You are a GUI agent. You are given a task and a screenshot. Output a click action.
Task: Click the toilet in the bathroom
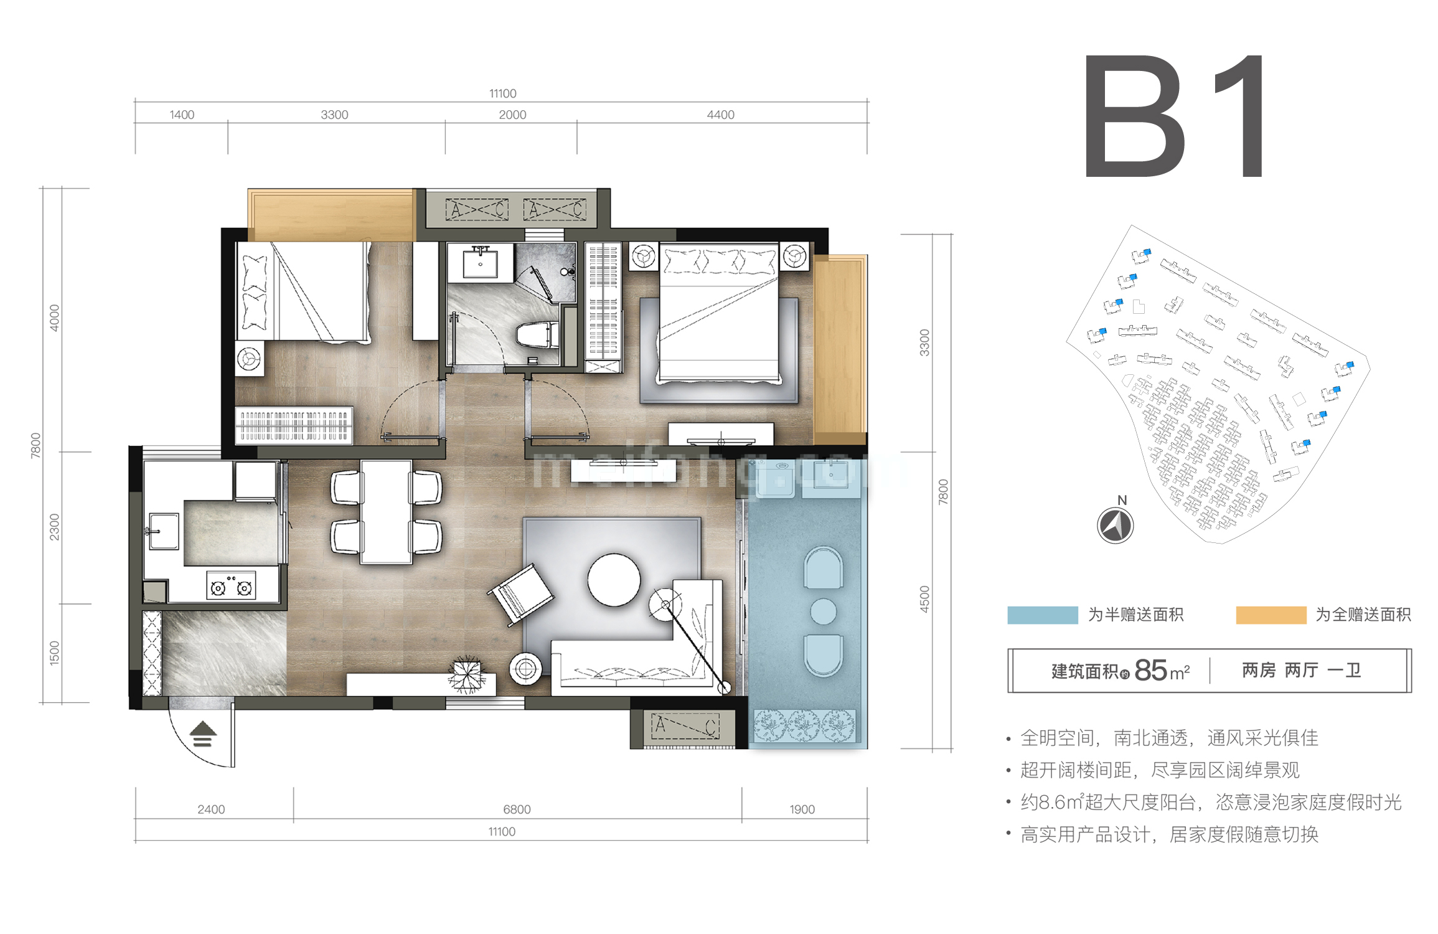pyautogui.click(x=537, y=335)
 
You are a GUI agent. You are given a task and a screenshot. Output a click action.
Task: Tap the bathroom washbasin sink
pyautogui.click(x=480, y=263)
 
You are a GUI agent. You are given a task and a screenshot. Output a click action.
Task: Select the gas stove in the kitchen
pyautogui.click(x=231, y=586)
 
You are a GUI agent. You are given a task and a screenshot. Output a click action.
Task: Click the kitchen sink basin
pyautogui.click(x=163, y=531)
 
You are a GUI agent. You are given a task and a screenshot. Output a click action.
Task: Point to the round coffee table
pyautogui.click(x=614, y=580)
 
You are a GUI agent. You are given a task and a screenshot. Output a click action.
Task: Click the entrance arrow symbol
pyautogui.click(x=202, y=734)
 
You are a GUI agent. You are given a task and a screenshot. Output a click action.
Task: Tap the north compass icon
pyautogui.click(x=1115, y=526)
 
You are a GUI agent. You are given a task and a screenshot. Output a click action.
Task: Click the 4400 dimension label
pyautogui.click(x=720, y=115)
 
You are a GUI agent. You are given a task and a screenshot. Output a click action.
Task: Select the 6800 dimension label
pyautogui.click(x=517, y=809)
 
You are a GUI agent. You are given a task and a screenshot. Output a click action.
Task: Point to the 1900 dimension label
pyautogui.click(x=802, y=809)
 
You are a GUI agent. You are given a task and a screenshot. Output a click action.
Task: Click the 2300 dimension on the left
pyautogui.click(x=54, y=527)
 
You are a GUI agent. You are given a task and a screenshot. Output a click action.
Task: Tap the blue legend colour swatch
pyautogui.click(x=1042, y=615)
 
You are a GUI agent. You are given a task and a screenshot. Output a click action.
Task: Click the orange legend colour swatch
pyautogui.click(x=1271, y=615)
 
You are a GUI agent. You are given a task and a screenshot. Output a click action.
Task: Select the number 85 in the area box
pyautogui.click(x=1150, y=671)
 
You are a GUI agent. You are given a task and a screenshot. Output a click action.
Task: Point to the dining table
pyautogui.click(x=386, y=512)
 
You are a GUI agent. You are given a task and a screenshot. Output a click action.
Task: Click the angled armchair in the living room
pyautogui.click(x=521, y=594)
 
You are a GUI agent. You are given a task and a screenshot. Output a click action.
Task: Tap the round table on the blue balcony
pyautogui.click(x=823, y=611)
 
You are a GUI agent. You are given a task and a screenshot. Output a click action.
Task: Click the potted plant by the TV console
pyautogui.click(x=466, y=674)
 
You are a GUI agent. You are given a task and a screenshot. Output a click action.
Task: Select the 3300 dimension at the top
pyautogui.click(x=334, y=115)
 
